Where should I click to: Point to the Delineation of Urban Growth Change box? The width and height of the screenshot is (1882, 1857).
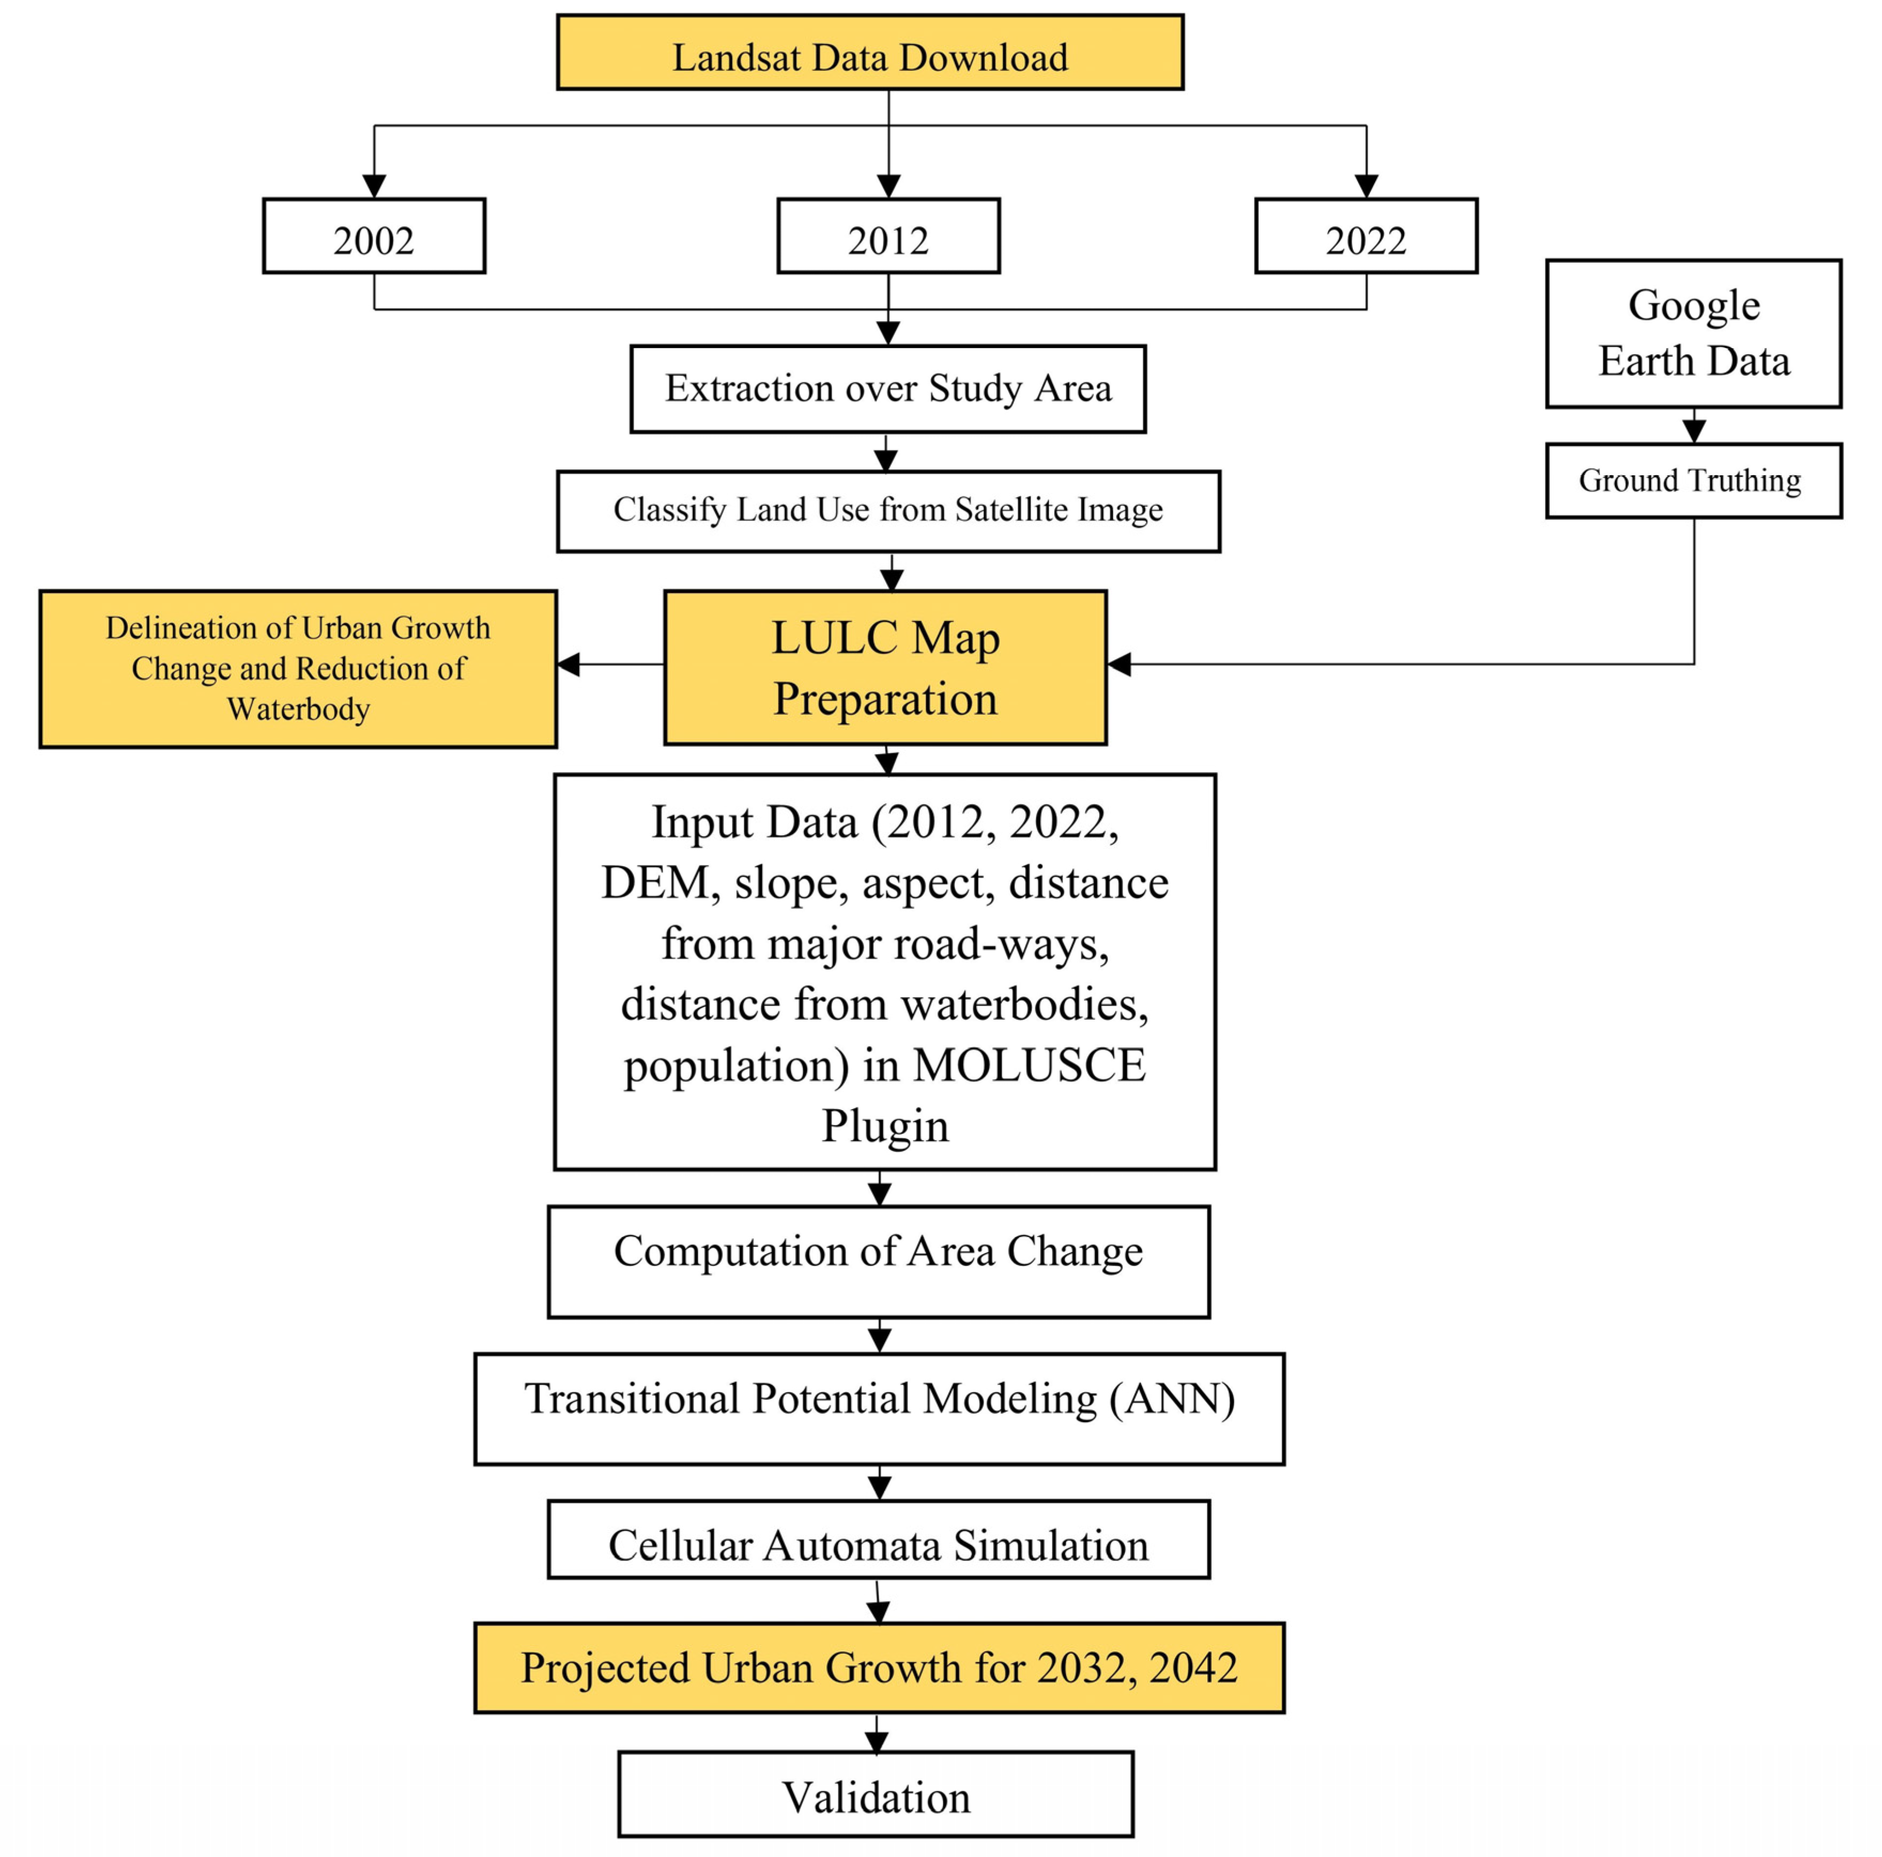298,669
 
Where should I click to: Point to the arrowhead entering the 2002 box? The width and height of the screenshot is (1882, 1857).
374,186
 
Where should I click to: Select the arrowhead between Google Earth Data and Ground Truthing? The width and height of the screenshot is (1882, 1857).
1694,430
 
